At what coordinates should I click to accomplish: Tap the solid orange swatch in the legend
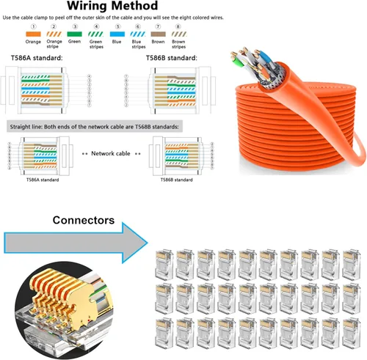click(x=33, y=33)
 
